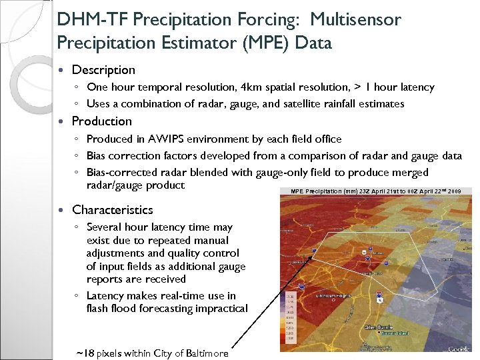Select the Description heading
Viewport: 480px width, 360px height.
click(103, 70)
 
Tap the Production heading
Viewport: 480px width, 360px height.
click(102, 121)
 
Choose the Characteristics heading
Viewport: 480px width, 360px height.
click(113, 210)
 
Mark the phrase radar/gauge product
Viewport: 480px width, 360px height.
click(136, 185)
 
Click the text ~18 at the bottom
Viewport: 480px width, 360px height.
click(84, 353)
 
